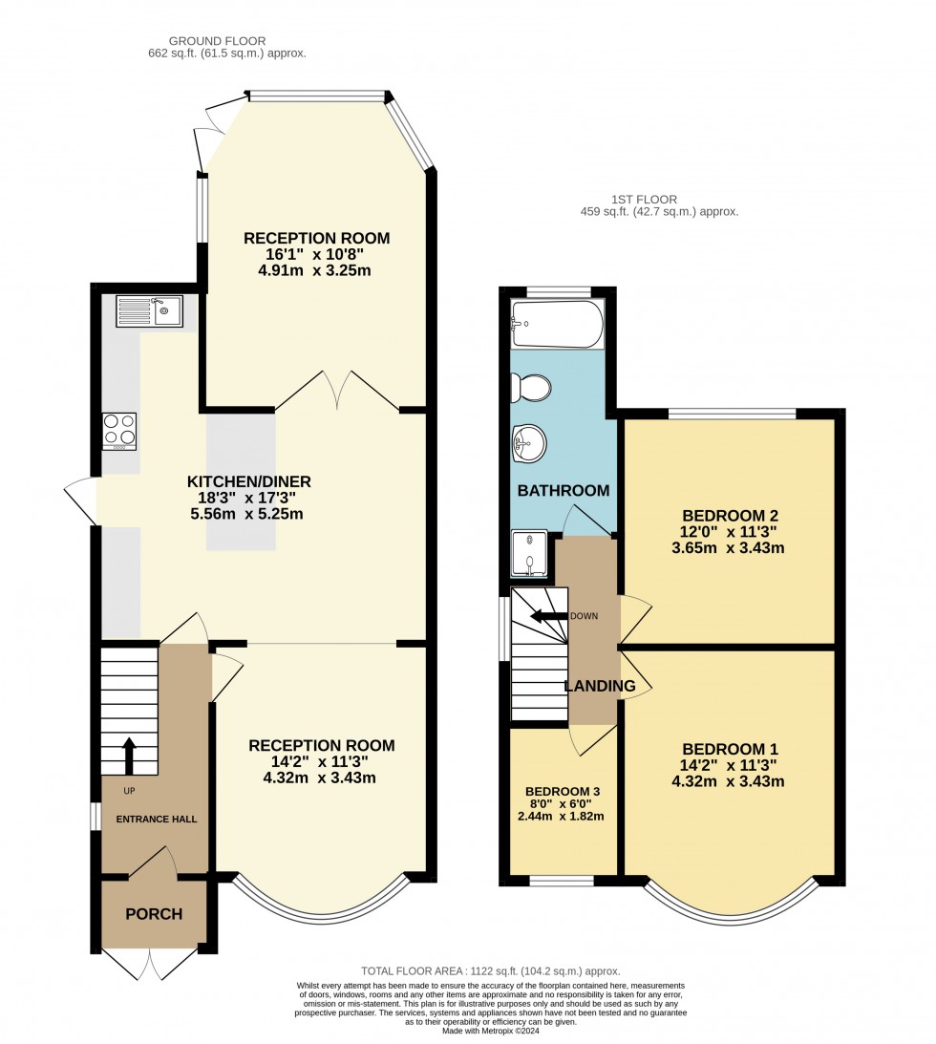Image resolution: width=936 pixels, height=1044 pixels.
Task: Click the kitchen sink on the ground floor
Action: coord(148,311)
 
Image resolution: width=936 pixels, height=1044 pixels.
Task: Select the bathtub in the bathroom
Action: coord(557,325)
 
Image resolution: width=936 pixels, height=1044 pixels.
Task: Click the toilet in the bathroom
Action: coord(531,388)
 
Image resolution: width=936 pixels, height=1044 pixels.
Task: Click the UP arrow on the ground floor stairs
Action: coord(129,755)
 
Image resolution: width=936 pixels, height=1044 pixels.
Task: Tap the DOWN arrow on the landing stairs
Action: coord(549,616)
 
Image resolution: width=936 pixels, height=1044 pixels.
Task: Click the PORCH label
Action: coord(154,914)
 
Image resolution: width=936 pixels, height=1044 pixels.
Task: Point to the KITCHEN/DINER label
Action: coord(249,481)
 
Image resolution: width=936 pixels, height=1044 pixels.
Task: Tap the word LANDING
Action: coord(599,686)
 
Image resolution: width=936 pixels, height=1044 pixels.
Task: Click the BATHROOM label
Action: coord(563,490)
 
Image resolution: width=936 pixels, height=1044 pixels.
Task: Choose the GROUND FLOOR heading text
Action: coord(217,41)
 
